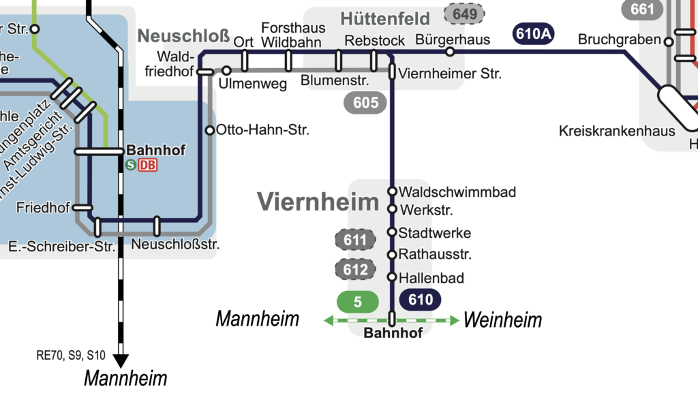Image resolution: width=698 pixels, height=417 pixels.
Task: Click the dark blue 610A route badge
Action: [x=533, y=33]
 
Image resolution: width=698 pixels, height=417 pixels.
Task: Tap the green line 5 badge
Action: [x=358, y=301]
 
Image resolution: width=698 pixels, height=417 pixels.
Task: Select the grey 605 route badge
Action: [x=365, y=103]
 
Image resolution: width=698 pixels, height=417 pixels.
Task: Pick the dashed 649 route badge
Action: [x=464, y=13]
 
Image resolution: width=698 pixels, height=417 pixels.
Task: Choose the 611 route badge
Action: [x=356, y=240]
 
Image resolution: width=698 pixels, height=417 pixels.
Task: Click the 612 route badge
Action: [x=356, y=269]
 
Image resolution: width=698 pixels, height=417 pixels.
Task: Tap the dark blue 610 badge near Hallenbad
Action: [x=421, y=299]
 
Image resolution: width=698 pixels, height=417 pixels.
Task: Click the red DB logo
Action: [x=148, y=164]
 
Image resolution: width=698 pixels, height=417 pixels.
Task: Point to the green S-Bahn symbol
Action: [x=130, y=164]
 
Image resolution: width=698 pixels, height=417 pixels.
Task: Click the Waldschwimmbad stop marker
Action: [x=392, y=191]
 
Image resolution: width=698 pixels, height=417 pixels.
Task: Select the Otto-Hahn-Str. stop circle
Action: [x=210, y=130]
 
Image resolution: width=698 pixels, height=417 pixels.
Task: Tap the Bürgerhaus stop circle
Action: [x=449, y=52]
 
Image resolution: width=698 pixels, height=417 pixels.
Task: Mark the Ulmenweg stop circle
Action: [x=226, y=70]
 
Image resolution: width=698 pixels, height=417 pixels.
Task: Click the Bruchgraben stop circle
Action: [x=669, y=42]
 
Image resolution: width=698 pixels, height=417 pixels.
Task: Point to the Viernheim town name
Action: [x=317, y=201]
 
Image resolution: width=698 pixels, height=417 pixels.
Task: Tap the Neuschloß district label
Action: [x=183, y=36]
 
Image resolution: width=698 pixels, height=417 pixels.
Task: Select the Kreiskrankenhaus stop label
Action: [x=617, y=131]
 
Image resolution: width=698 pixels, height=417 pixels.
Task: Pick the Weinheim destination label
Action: [x=503, y=320]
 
